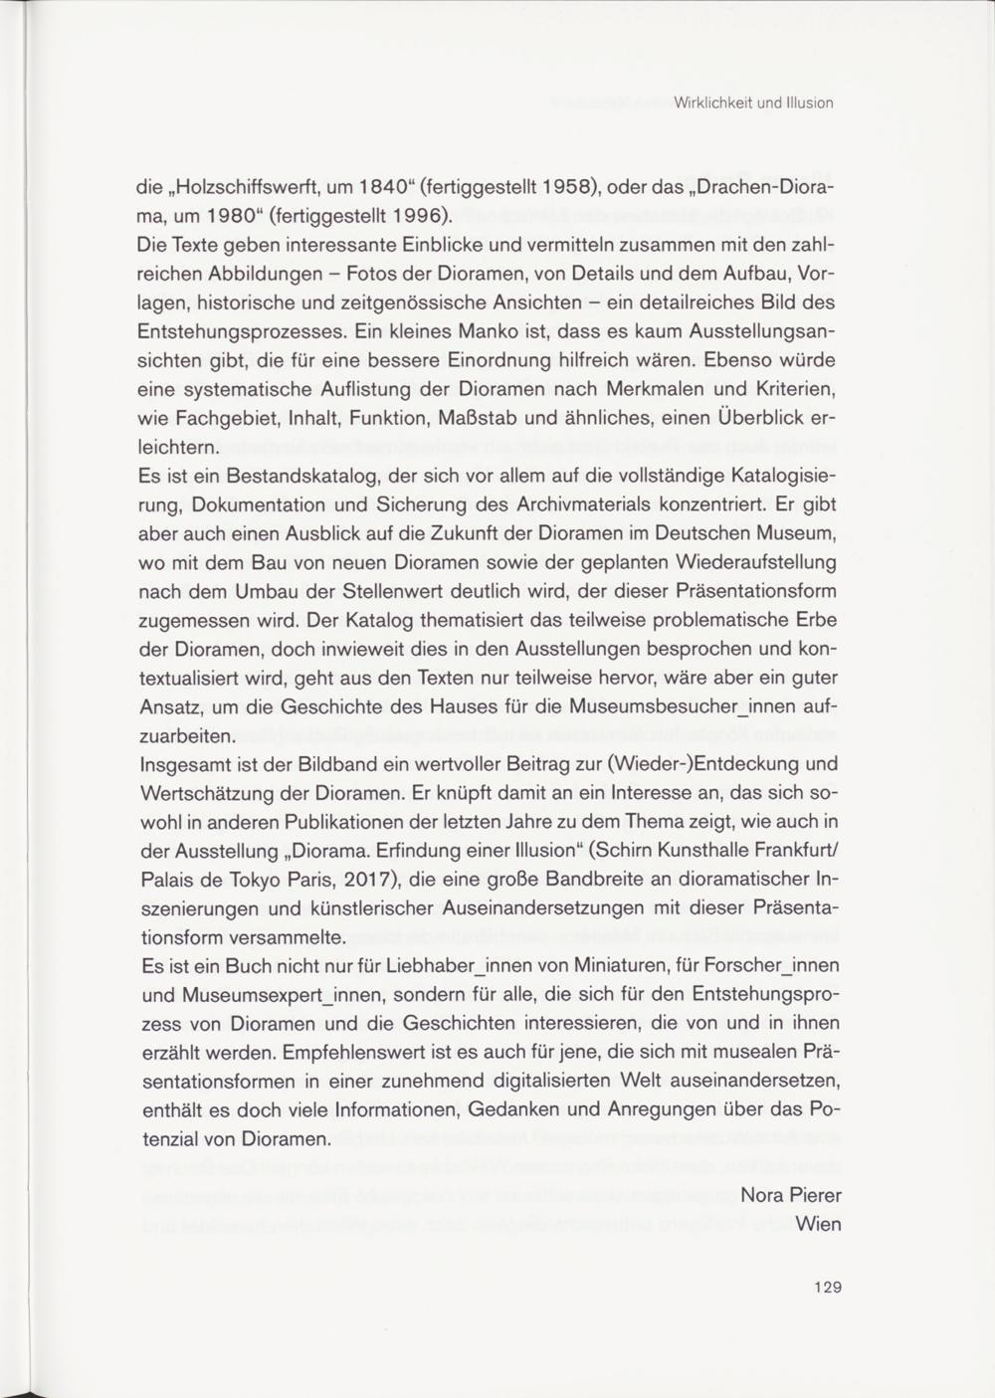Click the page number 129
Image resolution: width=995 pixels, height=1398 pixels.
point(828,1287)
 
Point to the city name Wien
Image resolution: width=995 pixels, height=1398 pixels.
point(819,1224)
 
